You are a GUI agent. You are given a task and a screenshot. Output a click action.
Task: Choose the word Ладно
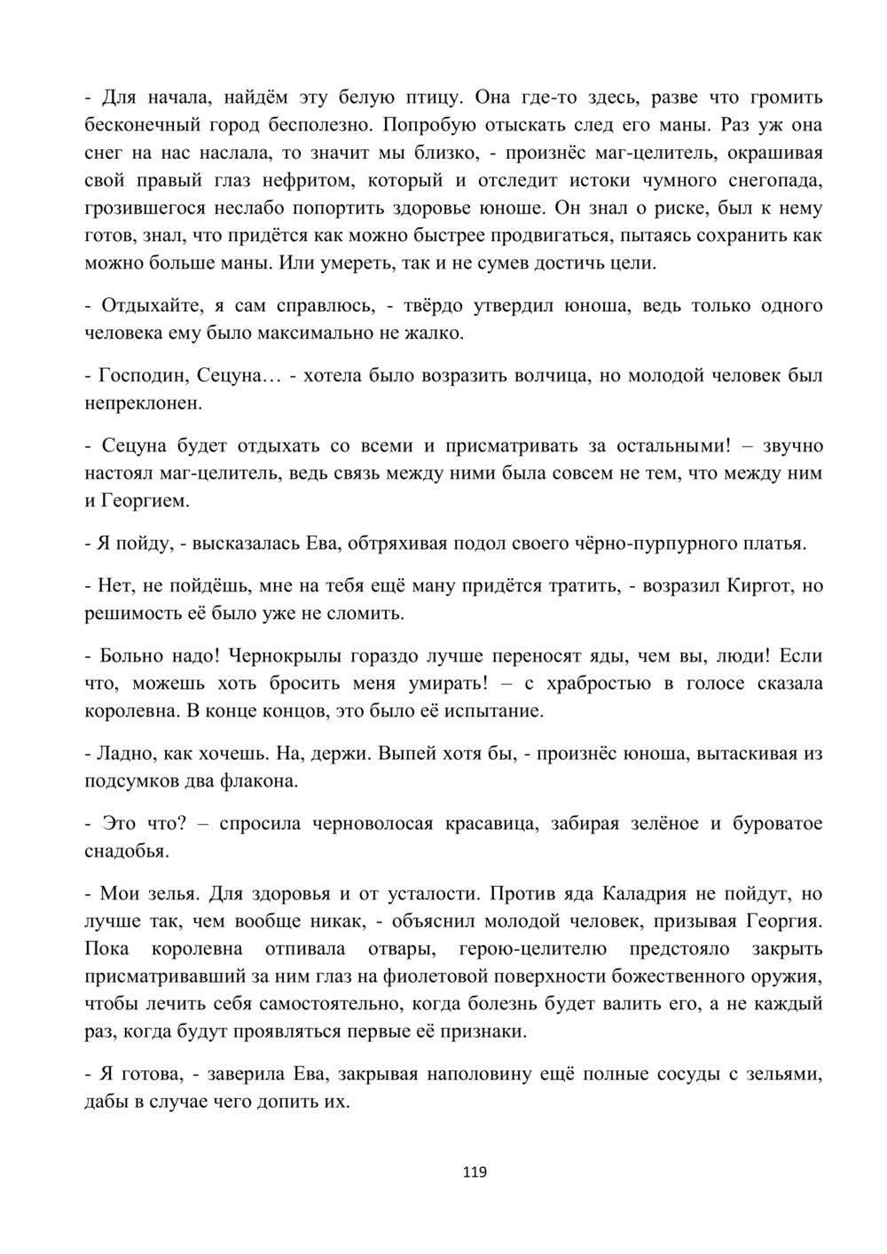tap(126, 754)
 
